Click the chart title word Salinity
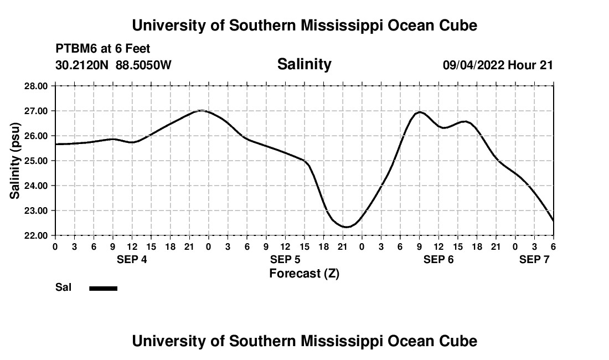pyautogui.click(x=304, y=64)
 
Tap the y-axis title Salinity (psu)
pyautogui.click(x=15, y=161)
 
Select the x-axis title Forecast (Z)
pyautogui.click(x=304, y=273)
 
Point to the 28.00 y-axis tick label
pyautogui.click(x=36, y=86)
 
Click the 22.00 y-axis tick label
pyautogui.click(x=36, y=235)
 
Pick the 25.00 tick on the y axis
pyautogui.click(x=36, y=161)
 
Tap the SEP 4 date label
pyautogui.click(x=132, y=259)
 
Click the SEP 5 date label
pyautogui.click(x=285, y=259)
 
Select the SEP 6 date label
pyautogui.click(x=438, y=259)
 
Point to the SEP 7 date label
pyautogui.click(x=534, y=259)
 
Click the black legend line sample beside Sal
pyautogui.click(x=103, y=288)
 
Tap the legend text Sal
pyautogui.click(x=63, y=287)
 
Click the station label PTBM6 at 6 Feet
pyautogui.click(x=103, y=49)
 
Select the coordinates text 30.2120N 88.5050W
pyautogui.click(x=113, y=65)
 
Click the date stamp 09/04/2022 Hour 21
pyautogui.click(x=498, y=65)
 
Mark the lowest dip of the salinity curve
pyautogui.click(x=346, y=227)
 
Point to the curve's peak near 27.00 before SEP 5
pyautogui.click(x=202, y=110)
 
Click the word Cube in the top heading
pyautogui.click(x=458, y=25)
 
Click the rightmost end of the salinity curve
pyautogui.click(x=553, y=220)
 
